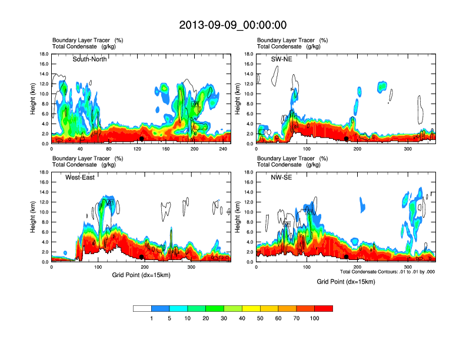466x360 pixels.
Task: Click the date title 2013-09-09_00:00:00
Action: pos(232,25)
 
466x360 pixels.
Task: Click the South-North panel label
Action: pos(89,59)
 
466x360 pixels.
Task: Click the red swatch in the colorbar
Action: pos(324,308)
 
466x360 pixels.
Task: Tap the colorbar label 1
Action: pos(152,318)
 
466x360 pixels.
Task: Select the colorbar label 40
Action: pos(242,318)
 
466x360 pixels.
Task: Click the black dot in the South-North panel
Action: pos(141,139)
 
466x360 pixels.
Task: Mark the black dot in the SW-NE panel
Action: pos(347,139)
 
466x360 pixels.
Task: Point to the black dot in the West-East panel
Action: pos(141,257)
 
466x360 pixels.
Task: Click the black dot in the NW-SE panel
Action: pos(347,257)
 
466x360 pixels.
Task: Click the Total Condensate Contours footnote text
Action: pos(387,272)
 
